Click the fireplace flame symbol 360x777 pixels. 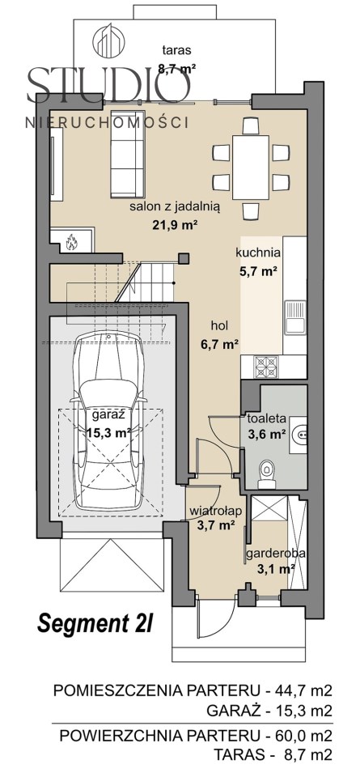tap(71, 241)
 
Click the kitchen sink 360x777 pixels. tap(295, 317)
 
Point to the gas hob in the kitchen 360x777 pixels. tap(266, 367)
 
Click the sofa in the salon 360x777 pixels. tap(128, 154)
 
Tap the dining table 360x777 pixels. tap(251, 168)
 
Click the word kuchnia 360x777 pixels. tap(259, 253)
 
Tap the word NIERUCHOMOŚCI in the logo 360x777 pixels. tap(107, 122)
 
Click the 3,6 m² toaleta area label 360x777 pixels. tap(267, 435)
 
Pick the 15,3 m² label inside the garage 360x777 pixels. tap(108, 432)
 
